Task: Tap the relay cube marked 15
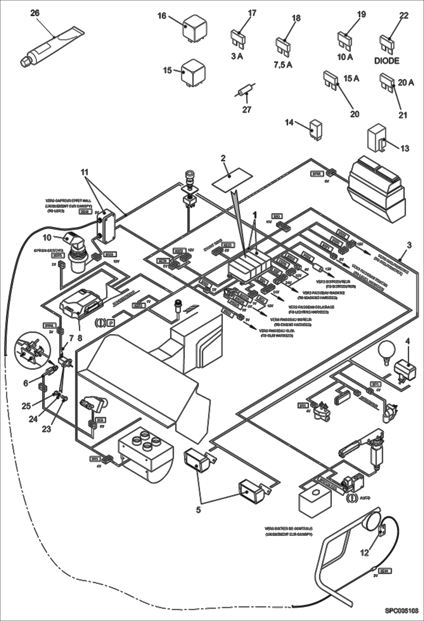coord(194,73)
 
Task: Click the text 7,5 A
coord(283,65)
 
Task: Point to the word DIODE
coord(387,61)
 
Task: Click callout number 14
coord(289,123)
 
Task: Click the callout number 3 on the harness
coord(409,245)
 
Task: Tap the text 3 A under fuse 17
coord(237,56)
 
